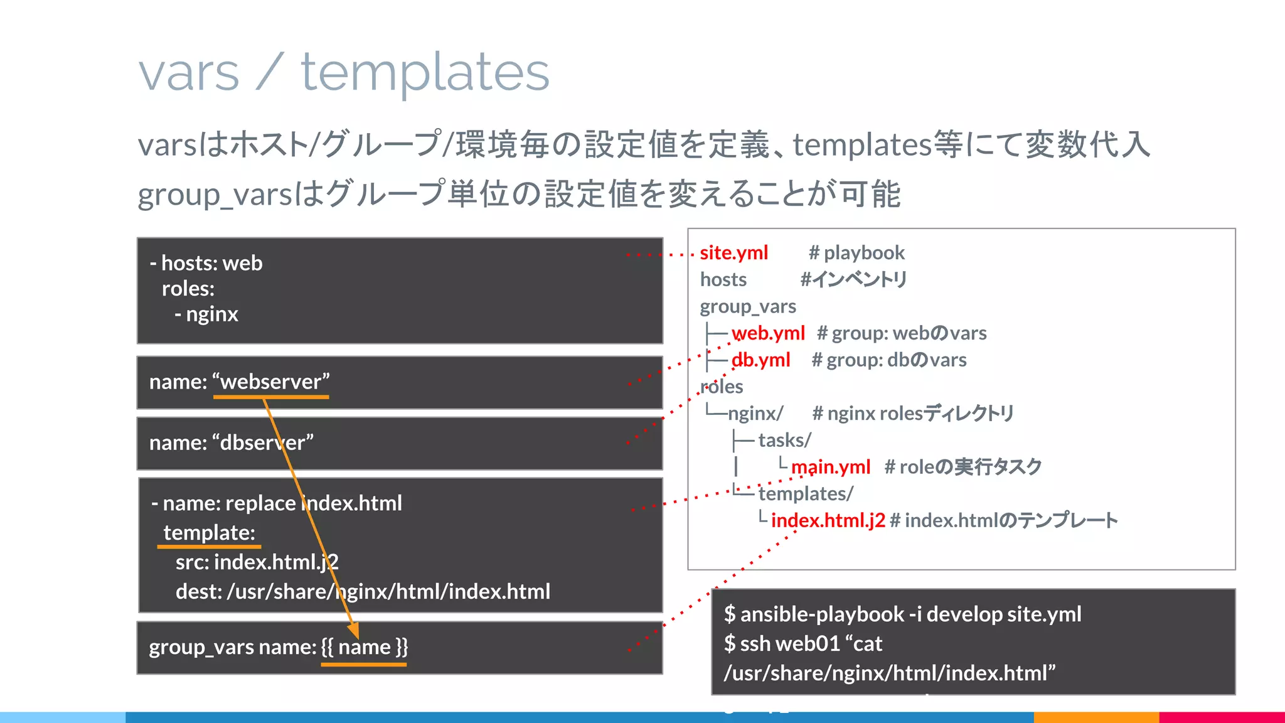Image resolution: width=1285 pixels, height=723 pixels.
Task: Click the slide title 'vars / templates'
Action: point(344,73)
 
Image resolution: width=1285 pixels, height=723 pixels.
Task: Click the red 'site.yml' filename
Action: point(733,253)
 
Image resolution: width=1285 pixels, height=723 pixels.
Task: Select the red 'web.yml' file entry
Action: point(768,333)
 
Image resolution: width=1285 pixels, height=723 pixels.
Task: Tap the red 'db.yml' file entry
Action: point(760,360)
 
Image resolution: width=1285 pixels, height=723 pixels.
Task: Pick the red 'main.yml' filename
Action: point(830,467)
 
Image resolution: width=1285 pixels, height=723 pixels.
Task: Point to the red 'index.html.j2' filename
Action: point(828,520)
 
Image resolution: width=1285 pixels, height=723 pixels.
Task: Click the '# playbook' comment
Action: point(856,253)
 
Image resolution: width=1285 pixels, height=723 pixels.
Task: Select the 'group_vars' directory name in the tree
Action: point(748,307)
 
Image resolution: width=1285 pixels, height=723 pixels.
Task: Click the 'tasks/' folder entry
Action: point(784,441)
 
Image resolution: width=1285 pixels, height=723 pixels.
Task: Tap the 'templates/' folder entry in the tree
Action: point(806,494)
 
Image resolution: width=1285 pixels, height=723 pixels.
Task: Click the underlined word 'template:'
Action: point(209,533)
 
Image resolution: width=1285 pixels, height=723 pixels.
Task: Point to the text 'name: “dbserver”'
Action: point(231,443)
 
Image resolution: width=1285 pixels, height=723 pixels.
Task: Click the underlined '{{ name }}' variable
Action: point(364,647)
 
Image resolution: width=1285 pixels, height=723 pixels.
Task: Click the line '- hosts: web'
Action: point(206,263)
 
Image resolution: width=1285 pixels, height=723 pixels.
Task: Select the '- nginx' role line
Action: point(206,314)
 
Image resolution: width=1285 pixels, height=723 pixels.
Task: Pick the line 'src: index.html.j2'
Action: point(257,562)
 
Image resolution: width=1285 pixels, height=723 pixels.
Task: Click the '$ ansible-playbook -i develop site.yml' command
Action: point(902,614)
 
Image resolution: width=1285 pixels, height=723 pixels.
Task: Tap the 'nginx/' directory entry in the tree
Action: point(755,414)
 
